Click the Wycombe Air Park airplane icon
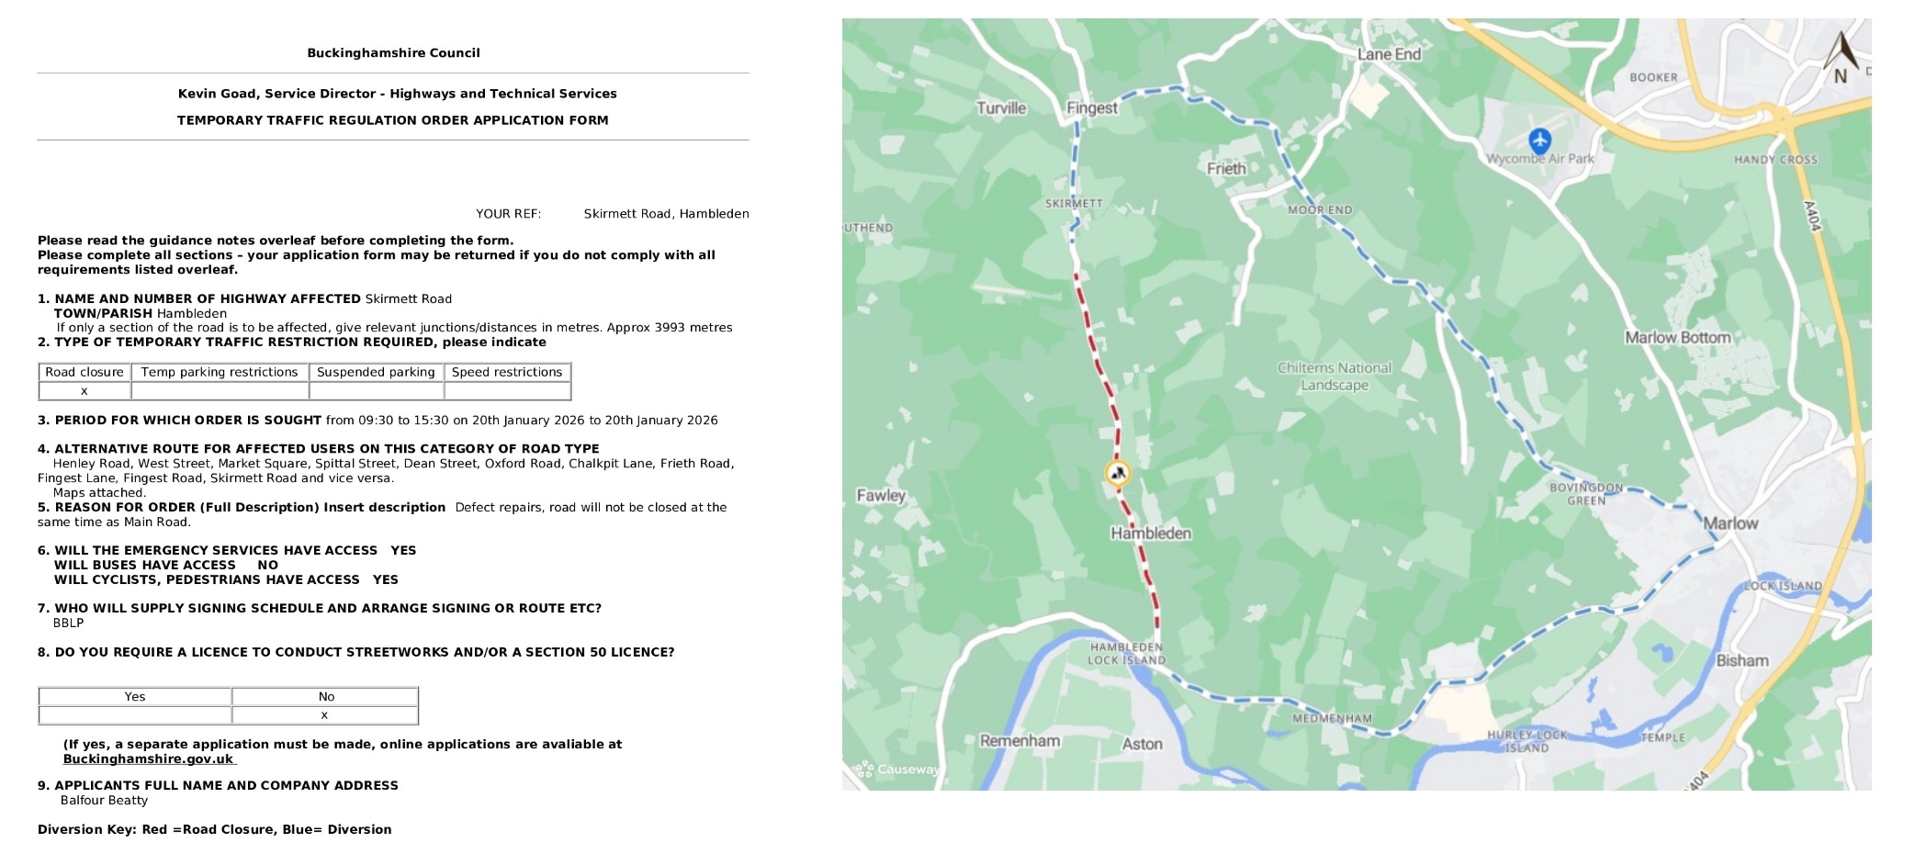1539,140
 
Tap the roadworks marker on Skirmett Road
1117,473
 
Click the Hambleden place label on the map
1150,534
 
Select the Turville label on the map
1000,107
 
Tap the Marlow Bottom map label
1677,337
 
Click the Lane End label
1389,54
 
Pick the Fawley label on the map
881,495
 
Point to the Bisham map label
1741,660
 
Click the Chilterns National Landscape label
1334,376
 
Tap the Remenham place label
1020,740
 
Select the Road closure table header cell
85,372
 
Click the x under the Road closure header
85,391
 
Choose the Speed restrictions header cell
507,372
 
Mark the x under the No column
324,715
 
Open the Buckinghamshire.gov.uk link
148,758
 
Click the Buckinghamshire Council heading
393,52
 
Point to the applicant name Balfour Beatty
104,800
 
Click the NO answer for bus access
267,565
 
